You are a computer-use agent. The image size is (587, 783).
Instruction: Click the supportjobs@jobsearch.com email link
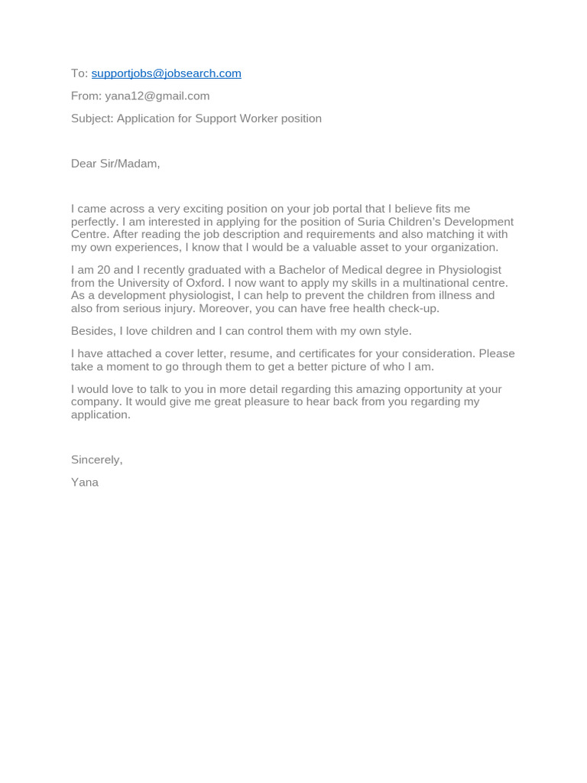pyautogui.click(x=166, y=73)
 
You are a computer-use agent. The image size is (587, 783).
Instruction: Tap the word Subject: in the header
pyautogui.click(x=92, y=119)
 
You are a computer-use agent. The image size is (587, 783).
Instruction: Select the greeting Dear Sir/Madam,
pyautogui.click(x=115, y=164)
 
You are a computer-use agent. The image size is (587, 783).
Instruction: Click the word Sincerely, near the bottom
pyautogui.click(x=96, y=460)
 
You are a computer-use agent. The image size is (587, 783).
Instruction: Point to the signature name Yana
pyautogui.click(x=85, y=482)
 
